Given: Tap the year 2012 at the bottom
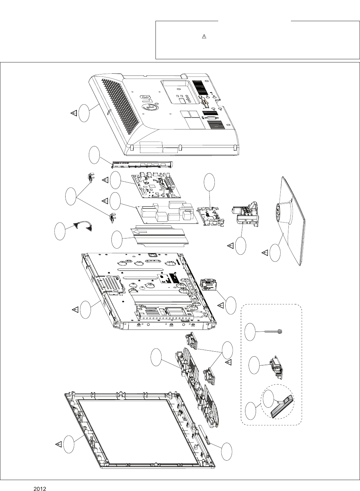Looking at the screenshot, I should point(40,489).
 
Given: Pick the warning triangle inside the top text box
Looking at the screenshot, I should point(203,37).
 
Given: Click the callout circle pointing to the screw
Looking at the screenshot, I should point(250,332).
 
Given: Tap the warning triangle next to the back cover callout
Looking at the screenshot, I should point(73,113).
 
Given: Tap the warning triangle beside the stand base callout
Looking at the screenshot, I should point(265,253).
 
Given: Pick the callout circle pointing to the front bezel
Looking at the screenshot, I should point(69,445).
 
